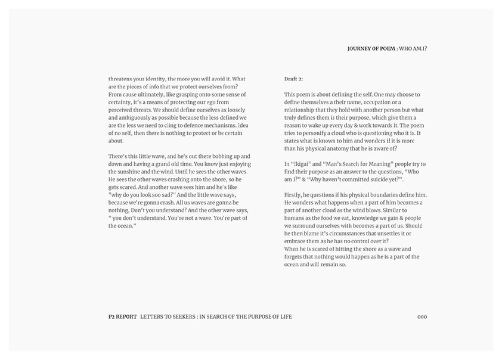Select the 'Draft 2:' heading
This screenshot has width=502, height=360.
click(294, 79)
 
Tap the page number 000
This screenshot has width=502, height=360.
click(422, 316)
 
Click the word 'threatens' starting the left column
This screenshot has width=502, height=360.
click(120, 79)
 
